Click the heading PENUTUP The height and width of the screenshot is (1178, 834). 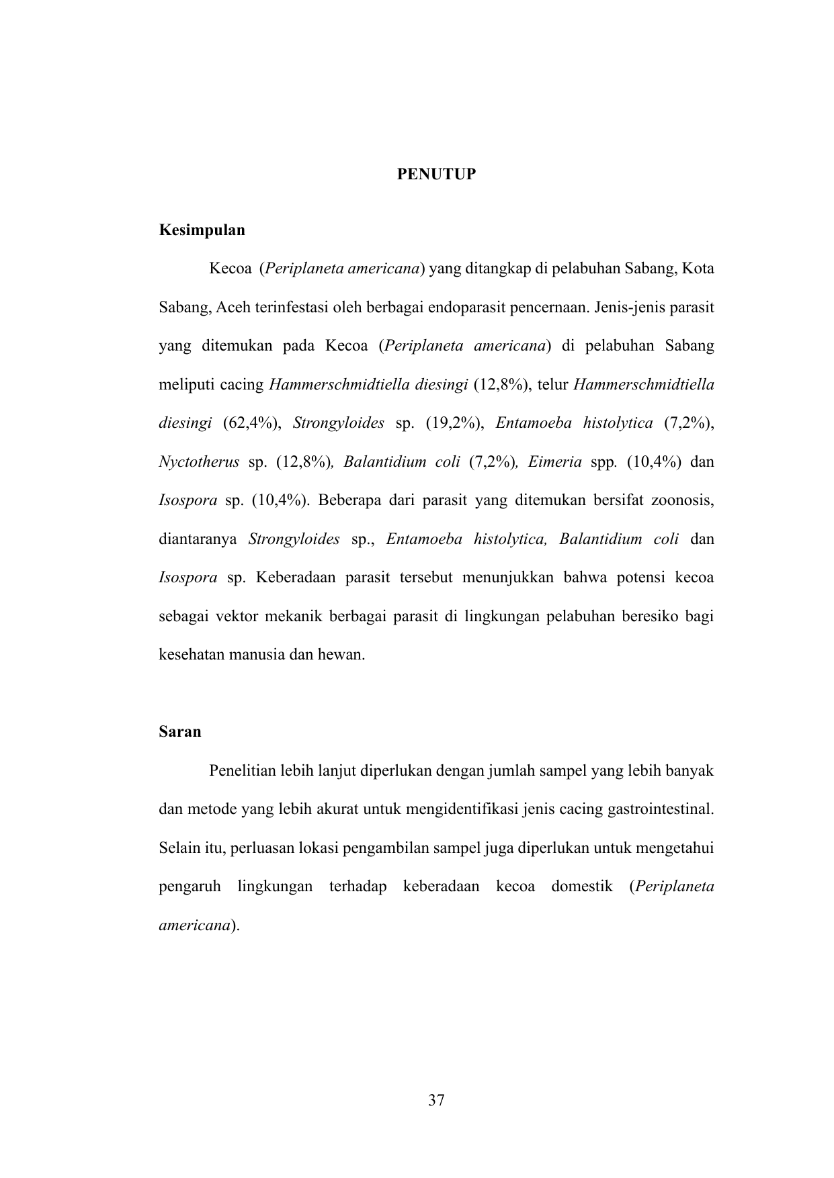[x=436, y=175]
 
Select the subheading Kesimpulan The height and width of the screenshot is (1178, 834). [x=202, y=230]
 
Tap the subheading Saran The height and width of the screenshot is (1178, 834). [x=180, y=732]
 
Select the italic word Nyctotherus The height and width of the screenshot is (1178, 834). [x=199, y=462]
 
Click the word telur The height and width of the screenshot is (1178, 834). [x=553, y=385]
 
